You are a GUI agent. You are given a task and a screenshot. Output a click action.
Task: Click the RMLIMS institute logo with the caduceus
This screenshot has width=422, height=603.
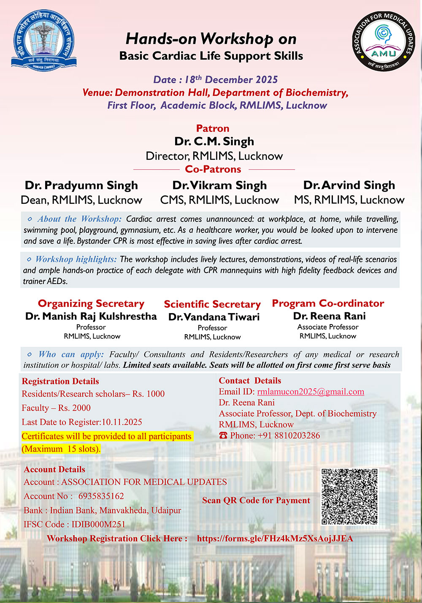(43, 41)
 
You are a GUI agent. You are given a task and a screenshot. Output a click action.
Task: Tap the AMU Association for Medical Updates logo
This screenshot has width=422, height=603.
(383, 41)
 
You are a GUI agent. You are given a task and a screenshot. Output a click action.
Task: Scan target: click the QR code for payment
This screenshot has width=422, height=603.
(349, 496)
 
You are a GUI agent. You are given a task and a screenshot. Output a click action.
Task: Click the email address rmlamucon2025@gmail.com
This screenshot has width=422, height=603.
(311, 392)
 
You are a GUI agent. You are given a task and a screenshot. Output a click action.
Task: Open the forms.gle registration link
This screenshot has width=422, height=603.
(275, 538)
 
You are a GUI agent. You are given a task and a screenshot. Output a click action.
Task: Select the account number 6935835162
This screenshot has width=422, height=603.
(101, 496)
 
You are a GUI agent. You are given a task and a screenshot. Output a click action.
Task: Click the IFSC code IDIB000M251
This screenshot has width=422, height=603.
(98, 525)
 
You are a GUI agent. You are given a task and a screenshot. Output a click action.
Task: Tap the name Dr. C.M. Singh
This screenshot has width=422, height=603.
(214, 141)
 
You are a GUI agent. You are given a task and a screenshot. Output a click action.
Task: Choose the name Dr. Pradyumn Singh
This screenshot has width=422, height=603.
(81, 185)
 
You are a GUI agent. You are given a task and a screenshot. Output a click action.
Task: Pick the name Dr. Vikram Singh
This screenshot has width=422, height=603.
(219, 185)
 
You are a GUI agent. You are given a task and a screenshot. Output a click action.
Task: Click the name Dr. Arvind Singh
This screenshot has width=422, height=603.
(349, 185)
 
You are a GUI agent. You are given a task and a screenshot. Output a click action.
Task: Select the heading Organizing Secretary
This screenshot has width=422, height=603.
(91, 303)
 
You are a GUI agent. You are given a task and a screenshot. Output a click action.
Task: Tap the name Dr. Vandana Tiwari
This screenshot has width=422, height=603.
(214, 317)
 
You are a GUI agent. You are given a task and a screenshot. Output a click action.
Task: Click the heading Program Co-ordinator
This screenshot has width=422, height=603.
(328, 303)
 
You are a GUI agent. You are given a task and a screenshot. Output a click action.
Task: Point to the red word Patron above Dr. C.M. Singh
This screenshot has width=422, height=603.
(213, 128)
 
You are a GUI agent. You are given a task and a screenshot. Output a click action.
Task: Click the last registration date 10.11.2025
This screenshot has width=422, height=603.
(122, 422)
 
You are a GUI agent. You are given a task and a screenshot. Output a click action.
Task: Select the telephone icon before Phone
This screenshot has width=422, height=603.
(223, 435)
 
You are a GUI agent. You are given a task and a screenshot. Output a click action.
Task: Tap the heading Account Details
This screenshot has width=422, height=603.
(54, 469)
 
